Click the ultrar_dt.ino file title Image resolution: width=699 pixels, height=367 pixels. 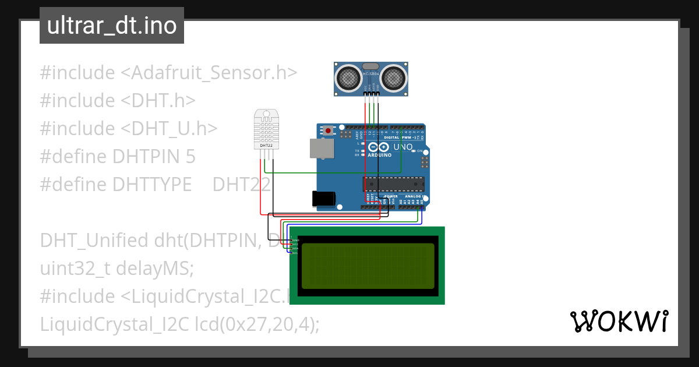coord(111,26)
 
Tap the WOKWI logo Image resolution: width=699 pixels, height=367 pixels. coord(619,322)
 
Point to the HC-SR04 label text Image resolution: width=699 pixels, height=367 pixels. coord(370,73)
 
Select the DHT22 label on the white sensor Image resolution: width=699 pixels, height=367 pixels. coord(266,145)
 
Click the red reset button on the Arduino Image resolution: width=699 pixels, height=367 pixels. coord(329,130)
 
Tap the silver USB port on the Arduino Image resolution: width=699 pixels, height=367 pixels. coord(322,149)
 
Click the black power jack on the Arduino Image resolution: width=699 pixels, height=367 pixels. coord(323,199)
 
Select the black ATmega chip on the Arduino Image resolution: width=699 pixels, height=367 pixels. coord(394,184)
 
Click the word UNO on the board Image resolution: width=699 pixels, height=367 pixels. coord(404,147)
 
